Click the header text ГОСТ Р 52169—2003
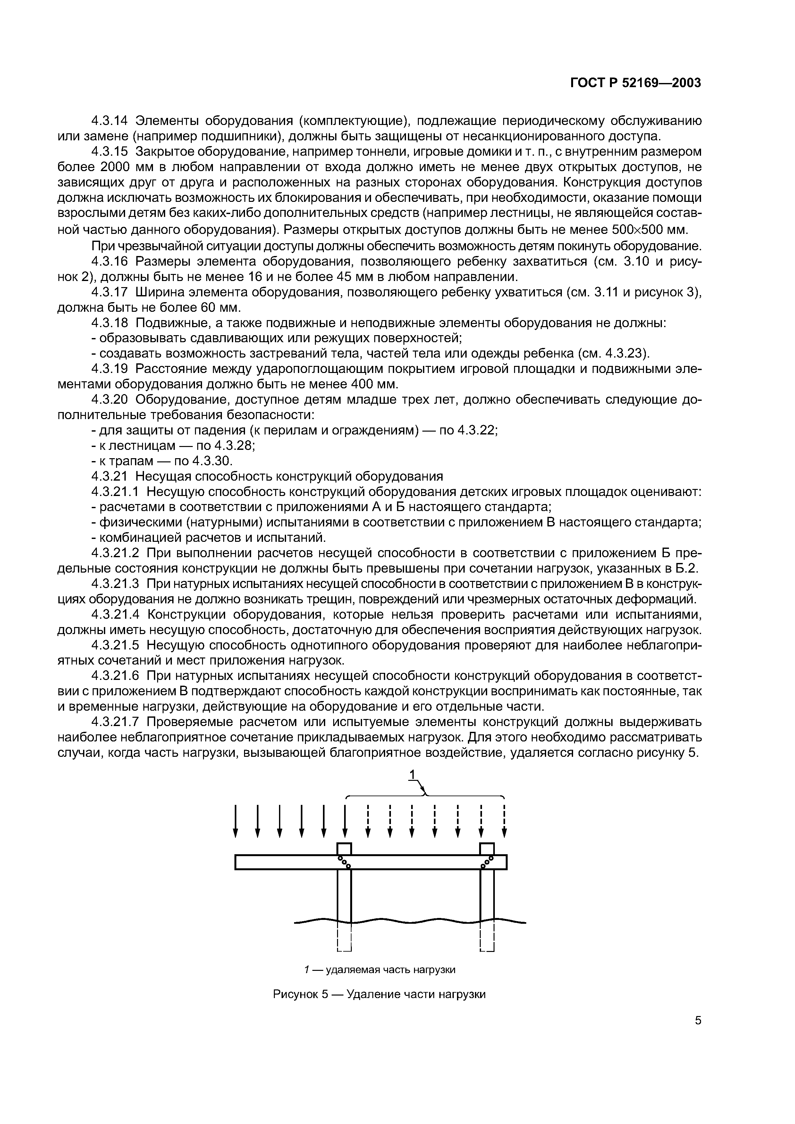tap(635, 83)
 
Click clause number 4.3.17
tap(110, 292)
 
